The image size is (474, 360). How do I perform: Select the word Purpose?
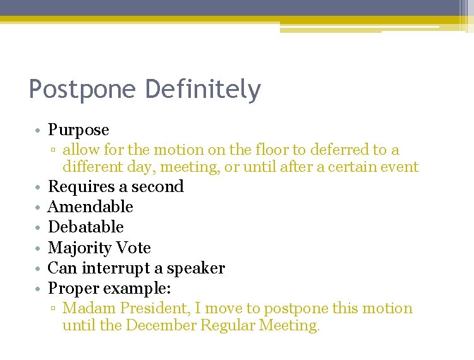[78, 130]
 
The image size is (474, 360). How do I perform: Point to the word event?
[399, 167]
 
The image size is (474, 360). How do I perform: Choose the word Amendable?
[90, 207]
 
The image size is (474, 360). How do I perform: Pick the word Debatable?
[86, 227]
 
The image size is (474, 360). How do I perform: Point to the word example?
[147, 289]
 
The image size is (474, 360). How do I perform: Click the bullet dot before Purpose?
[39, 131]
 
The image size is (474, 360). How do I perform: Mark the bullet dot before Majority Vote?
[39, 248]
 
